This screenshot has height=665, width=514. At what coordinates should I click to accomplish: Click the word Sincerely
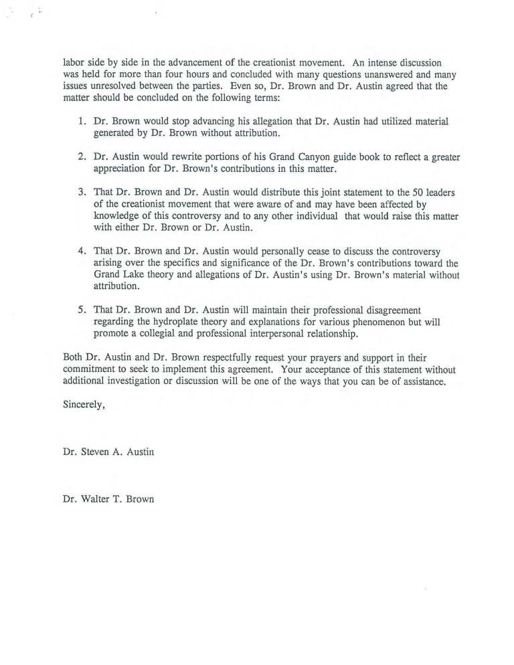[84, 405]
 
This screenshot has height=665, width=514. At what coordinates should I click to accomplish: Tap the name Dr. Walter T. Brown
[108, 499]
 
